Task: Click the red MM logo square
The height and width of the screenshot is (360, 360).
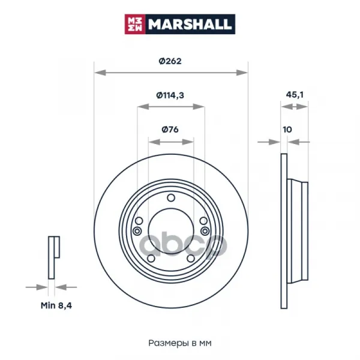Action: [x=135, y=24]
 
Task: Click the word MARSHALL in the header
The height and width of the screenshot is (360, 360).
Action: [x=190, y=25]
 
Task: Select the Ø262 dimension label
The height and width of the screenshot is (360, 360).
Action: [x=170, y=61]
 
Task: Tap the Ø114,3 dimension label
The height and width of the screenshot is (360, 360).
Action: [x=170, y=95]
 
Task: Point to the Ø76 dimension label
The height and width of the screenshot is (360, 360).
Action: [x=170, y=130]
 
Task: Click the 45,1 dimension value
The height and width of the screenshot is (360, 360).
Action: [x=295, y=95]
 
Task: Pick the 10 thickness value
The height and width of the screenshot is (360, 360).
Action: [x=287, y=130]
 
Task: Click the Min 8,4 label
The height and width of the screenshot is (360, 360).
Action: [x=56, y=305]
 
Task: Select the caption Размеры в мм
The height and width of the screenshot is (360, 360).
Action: [x=180, y=343]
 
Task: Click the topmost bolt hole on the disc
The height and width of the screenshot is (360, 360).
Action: [x=171, y=197]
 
